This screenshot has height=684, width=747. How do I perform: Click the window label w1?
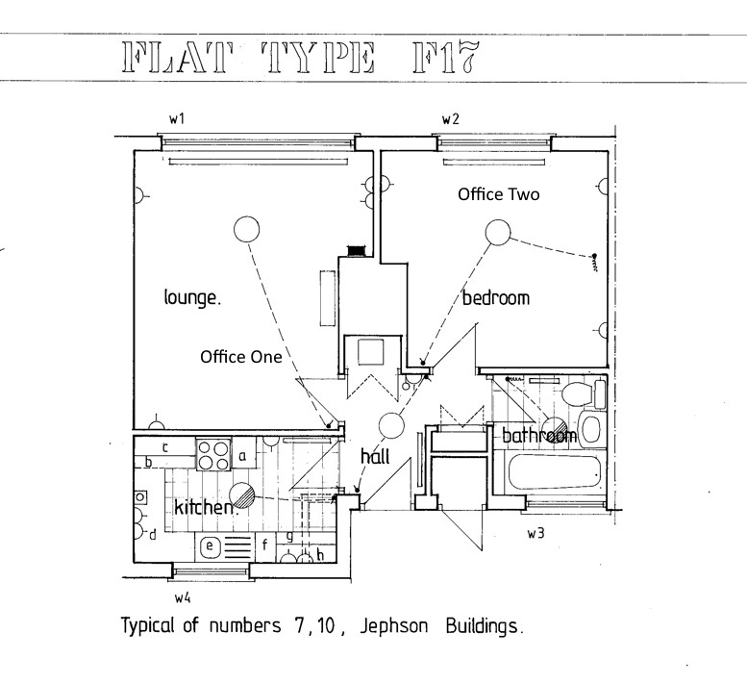[x=176, y=118]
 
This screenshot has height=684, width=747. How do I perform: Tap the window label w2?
[x=450, y=118]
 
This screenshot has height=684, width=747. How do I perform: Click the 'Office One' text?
[x=240, y=357]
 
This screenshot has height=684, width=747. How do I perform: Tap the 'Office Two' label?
[x=498, y=194]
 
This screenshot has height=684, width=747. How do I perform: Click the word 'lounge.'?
[x=191, y=298]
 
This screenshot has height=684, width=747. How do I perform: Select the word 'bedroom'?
[x=495, y=298]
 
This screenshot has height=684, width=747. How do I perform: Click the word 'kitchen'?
[x=204, y=506]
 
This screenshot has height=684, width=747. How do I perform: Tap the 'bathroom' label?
[x=538, y=436]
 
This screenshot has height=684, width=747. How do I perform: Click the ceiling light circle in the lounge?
[x=247, y=229]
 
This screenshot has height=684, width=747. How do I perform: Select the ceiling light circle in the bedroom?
[x=497, y=232]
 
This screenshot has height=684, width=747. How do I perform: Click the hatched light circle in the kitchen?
[x=246, y=494]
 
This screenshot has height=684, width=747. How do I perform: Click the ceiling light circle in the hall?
[x=391, y=425]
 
